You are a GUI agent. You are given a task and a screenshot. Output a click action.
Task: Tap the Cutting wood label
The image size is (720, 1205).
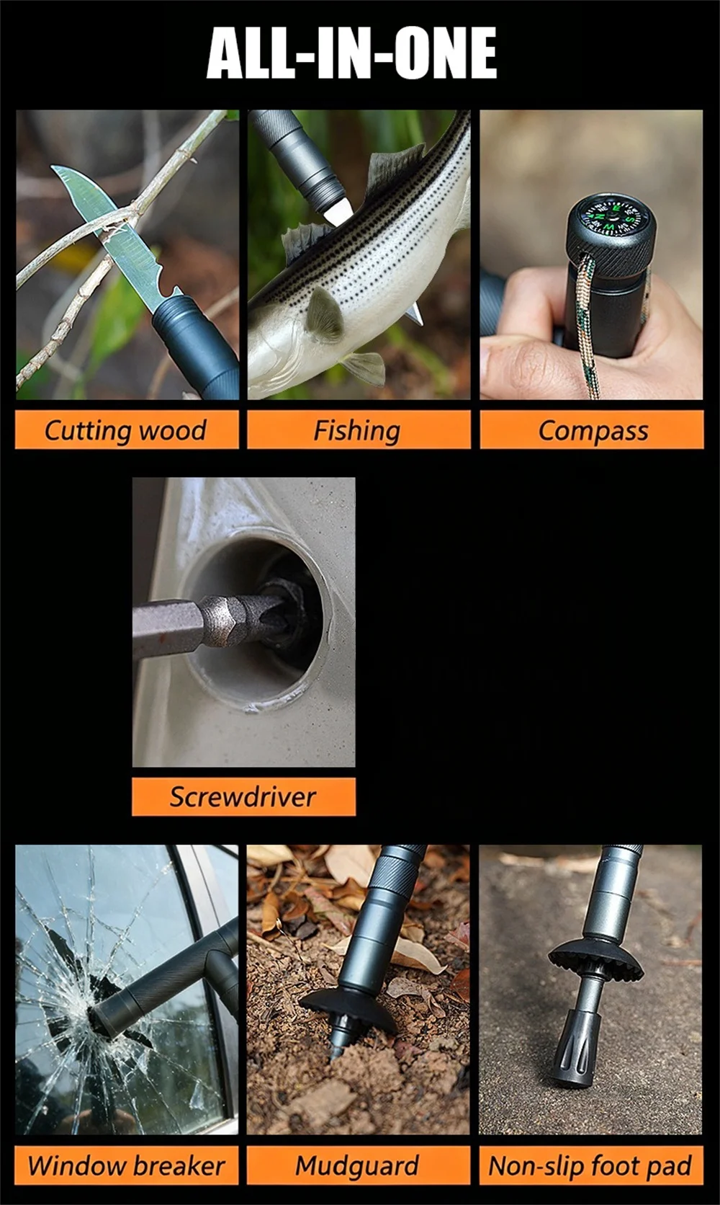click(126, 430)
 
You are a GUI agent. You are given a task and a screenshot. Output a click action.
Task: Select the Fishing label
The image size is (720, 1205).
click(358, 430)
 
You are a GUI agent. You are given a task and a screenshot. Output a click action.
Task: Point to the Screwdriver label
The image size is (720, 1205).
click(243, 796)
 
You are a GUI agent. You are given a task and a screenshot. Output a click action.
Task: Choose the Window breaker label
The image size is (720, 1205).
click(126, 1165)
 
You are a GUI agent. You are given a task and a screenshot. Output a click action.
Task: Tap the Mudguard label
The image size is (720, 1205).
click(358, 1165)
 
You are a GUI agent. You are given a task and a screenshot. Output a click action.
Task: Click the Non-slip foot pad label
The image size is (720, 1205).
click(590, 1165)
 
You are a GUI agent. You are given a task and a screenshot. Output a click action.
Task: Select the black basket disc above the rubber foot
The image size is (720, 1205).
click(595, 959)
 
